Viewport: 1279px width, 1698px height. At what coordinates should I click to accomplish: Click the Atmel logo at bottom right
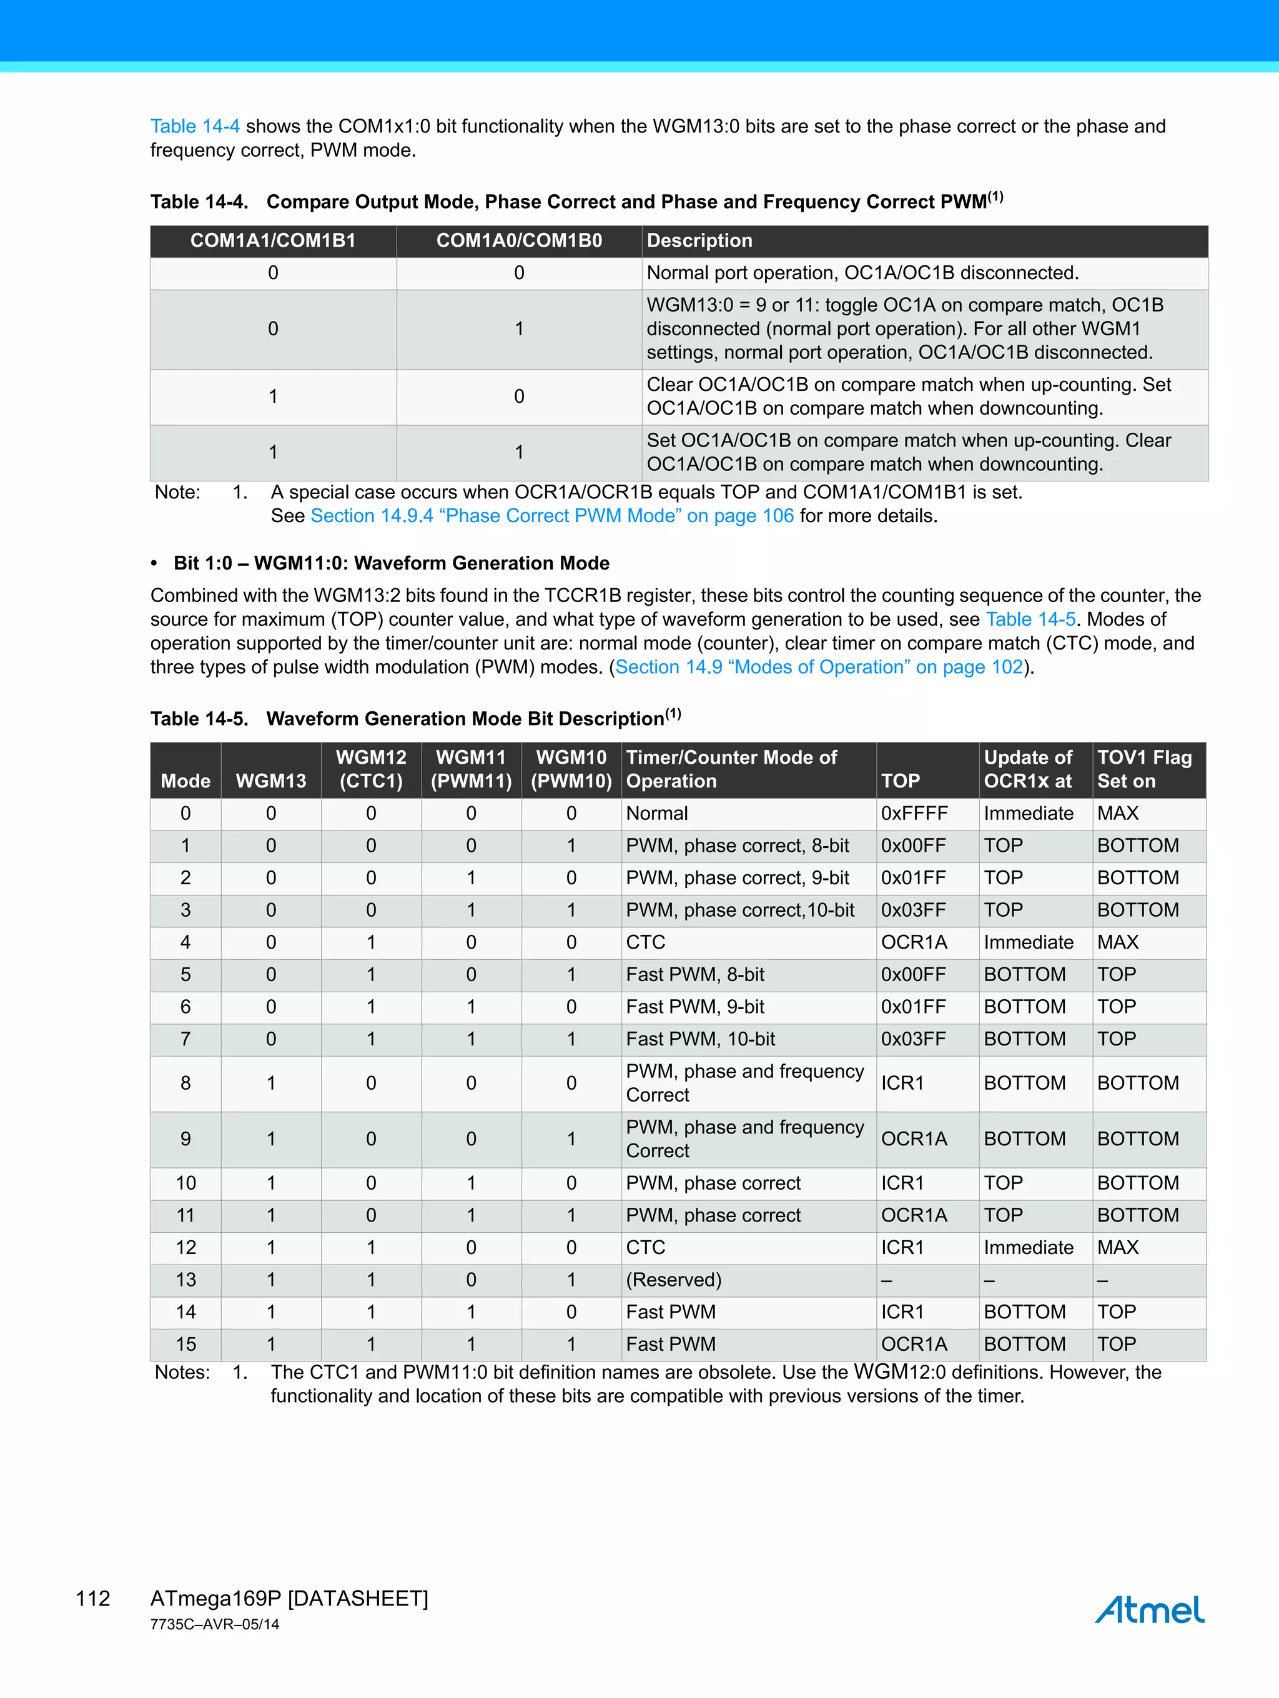pyautogui.click(x=1149, y=1609)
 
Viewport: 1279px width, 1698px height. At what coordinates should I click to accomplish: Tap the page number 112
pyautogui.click(x=93, y=1598)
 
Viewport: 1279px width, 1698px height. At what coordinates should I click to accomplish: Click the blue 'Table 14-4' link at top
pyautogui.click(x=195, y=126)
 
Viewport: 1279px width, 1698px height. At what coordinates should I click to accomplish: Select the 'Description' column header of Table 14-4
pyautogui.click(x=699, y=240)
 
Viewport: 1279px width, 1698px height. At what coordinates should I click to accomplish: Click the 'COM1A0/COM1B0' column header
pyautogui.click(x=519, y=240)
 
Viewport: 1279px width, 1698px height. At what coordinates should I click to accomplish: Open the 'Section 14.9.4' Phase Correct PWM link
pyautogui.click(x=552, y=516)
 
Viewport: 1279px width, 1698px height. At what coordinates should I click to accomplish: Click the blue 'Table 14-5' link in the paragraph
pyautogui.click(x=1030, y=619)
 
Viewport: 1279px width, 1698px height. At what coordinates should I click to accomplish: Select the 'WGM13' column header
pyautogui.click(x=271, y=781)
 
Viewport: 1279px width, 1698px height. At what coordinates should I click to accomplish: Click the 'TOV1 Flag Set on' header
pyautogui.click(x=1144, y=769)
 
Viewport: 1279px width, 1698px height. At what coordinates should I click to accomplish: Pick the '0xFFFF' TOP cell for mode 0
pyautogui.click(x=914, y=814)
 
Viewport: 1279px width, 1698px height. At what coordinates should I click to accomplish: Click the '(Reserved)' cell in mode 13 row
pyautogui.click(x=673, y=1280)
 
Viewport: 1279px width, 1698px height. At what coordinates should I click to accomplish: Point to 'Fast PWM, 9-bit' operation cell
pyautogui.click(x=695, y=1006)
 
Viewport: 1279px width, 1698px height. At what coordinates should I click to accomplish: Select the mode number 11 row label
pyautogui.click(x=185, y=1215)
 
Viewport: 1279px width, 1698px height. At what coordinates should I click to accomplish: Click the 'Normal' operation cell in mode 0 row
pyautogui.click(x=656, y=814)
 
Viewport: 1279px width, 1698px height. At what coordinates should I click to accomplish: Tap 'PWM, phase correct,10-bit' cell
pyautogui.click(x=740, y=910)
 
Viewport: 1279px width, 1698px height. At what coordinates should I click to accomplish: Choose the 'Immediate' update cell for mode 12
pyautogui.click(x=1028, y=1247)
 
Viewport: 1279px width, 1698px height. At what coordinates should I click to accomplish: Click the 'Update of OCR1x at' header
pyautogui.click(x=1028, y=769)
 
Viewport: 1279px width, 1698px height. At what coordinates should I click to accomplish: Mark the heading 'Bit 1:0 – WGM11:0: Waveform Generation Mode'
pyautogui.click(x=392, y=563)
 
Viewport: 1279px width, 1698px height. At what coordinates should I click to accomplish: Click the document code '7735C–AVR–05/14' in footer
pyautogui.click(x=215, y=1624)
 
